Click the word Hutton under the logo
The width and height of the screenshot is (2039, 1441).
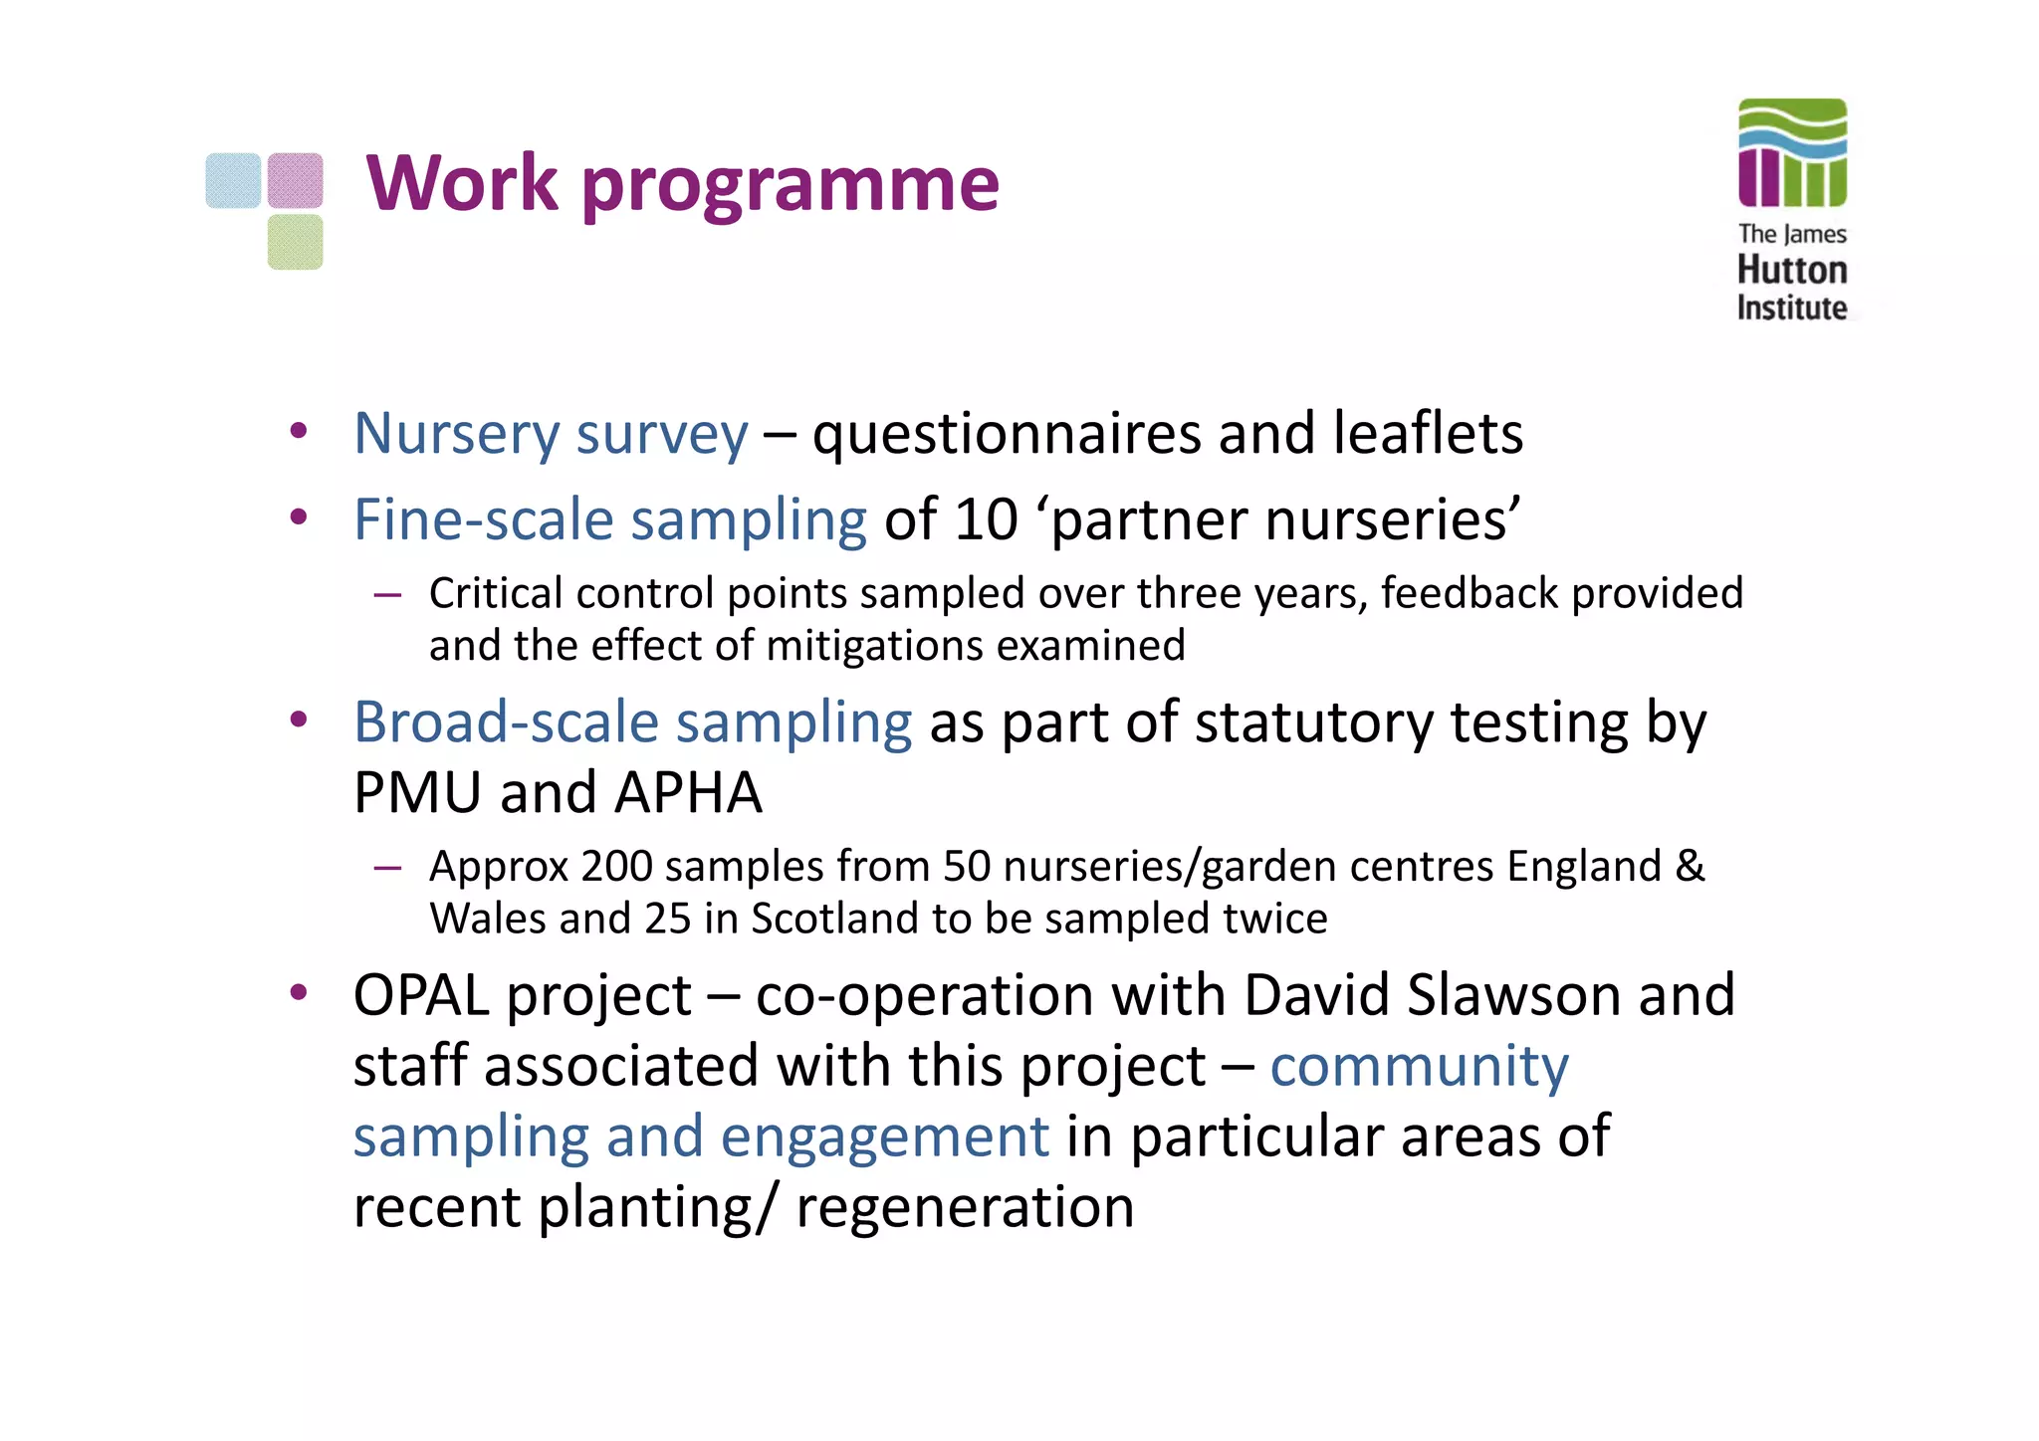point(1792,270)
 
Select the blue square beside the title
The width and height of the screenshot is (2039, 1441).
point(233,180)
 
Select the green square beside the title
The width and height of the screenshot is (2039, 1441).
point(295,242)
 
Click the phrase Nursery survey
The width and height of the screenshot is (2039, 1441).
point(551,434)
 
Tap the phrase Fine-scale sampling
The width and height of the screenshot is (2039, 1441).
point(610,519)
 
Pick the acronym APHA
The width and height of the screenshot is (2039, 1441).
point(688,793)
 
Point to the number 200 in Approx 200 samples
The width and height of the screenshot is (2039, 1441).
point(617,866)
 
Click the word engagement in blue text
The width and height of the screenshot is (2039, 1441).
point(884,1137)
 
